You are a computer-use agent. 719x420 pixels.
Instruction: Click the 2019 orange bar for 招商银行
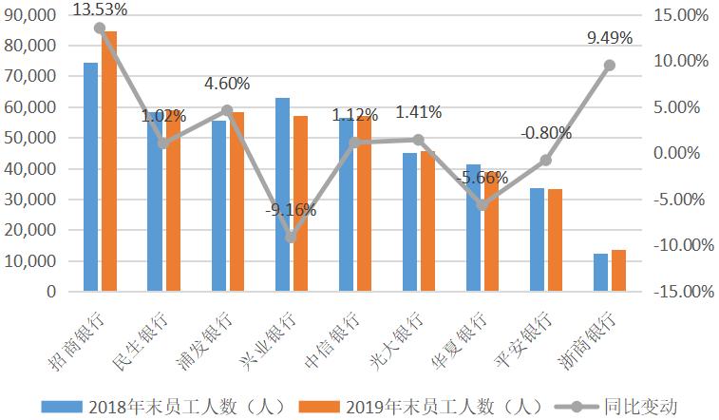coord(109,162)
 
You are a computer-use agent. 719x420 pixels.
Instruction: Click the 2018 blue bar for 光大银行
coord(409,222)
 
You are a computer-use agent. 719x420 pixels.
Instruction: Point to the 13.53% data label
coord(99,10)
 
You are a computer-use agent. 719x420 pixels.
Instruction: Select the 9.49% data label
coord(610,38)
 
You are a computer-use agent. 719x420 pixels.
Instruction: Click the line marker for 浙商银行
coord(610,66)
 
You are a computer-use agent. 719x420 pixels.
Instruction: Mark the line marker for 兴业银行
coord(291,238)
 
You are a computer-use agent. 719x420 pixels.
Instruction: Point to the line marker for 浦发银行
coord(227,110)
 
